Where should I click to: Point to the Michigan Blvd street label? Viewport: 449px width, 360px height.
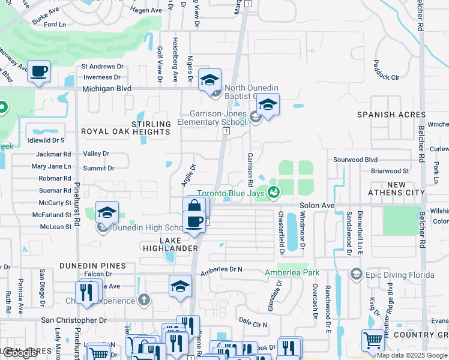(107, 88)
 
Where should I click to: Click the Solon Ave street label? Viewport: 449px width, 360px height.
(318, 205)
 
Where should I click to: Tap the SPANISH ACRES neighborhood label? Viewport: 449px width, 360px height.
(391, 115)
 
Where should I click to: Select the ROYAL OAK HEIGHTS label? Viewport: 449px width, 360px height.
(125, 131)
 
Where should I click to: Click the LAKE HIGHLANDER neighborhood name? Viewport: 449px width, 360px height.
(170, 248)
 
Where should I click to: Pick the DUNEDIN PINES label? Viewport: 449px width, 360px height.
(92, 265)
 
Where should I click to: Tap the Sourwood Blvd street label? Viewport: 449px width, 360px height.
(355, 160)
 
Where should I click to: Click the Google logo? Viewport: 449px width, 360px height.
(20, 353)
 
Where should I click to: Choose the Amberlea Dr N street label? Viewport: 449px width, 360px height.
(221, 271)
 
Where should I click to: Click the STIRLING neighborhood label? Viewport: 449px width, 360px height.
(155, 124)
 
